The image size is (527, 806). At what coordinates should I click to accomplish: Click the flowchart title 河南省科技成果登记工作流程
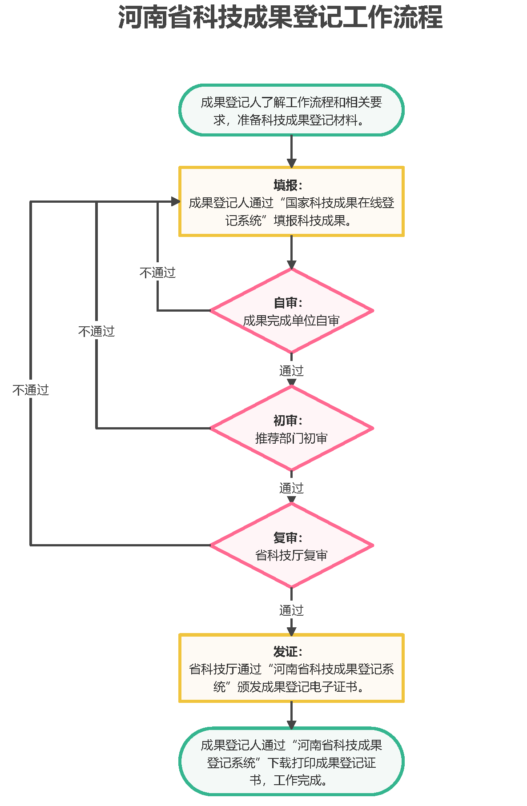pyautogui.click(x=280, y=18)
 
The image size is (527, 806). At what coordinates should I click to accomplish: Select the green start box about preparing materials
pyautogui.click(x=291, y=110)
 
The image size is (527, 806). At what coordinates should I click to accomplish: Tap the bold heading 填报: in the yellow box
pyautogui.click(x=288, y=185)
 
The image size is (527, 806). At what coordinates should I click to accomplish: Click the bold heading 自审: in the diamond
pyautogui.click(x=288, y=303)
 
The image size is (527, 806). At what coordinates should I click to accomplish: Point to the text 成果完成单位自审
pyautogui.click(x=291, y=321)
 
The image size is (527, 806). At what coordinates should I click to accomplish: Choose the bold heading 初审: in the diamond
pyautogui.click(x=288, y=420)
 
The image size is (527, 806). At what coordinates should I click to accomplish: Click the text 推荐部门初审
pyautogui.click(x=291, y=438)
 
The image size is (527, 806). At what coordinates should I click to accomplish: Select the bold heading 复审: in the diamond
pyautogui.click(x=288, y=537)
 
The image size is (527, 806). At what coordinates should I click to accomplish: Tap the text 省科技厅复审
pyautogui.click(x=291, y=555)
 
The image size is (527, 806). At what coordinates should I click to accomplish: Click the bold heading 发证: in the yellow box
pyautogui.click(x=288, y=652)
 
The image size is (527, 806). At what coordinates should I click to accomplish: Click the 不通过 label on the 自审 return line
pyautogui.click(x=157, y=273)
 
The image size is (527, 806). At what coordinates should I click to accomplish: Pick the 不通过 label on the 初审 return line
pyautogui.click(x=97, y=331)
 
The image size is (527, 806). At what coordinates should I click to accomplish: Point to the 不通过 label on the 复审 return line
pyautogui.click(x=31, y=390)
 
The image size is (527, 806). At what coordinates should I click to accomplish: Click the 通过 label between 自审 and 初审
pyautogui.click(x=291, y=370)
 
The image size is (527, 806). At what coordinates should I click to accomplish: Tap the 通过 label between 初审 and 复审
pyautogui.click(x=291, y=488)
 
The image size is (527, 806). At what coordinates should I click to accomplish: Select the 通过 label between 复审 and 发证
pyautogui.click(x=291, y=610)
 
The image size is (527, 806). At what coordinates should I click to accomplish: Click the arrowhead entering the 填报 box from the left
pyautogui.click(x=175, y=202)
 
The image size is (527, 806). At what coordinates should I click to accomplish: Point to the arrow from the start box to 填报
pyautogui.click(x=291, y=151)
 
